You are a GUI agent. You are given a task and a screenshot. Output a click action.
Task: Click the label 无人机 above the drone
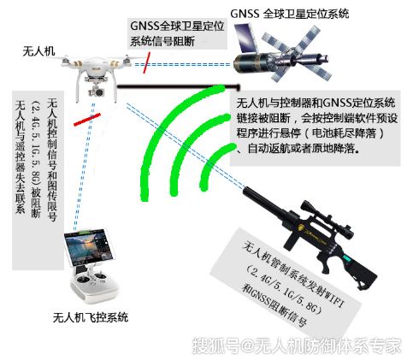[x=38, y=51]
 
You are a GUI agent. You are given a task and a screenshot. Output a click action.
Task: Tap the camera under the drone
[x=97, y=91]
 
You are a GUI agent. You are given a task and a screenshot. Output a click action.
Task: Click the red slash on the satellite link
[x=146, y=62]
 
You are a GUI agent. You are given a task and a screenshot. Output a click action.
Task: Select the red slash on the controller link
[x=87, y=120]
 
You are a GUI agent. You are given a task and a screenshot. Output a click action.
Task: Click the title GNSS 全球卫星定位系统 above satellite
[x=289, y=14]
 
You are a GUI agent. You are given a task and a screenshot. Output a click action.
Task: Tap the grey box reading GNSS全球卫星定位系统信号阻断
[x=177, y=33]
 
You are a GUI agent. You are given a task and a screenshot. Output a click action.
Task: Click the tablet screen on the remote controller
[x=88, y=246]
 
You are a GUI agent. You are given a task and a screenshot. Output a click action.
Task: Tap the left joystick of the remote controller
[x=83, y=280]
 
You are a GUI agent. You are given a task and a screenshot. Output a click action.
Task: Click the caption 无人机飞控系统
[x=91, y=317]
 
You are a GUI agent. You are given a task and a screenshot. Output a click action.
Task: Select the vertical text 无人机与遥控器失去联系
[x=21, y=156]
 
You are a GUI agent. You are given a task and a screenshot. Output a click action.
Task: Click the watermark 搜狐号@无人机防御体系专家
[x=297, y=345]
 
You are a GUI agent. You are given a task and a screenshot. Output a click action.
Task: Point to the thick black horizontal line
[x=179, y=86]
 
